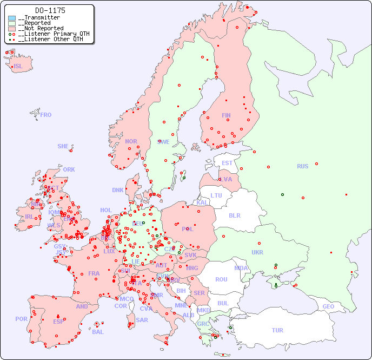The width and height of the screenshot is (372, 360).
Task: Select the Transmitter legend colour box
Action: pos(12,18)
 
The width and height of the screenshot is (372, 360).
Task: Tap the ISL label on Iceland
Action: pos(18,67)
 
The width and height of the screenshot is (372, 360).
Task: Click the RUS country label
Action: pos(302,166)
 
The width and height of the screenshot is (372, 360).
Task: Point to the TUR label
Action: pos(277,330)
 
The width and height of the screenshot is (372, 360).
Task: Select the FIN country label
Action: pos(226,115)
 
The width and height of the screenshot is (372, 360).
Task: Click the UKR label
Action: pos(257,252)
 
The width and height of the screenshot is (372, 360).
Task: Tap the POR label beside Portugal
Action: pos(21,319)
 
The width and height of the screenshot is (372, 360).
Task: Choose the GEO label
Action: pos(328,306)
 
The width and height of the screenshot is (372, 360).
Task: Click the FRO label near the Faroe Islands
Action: pos(46,115)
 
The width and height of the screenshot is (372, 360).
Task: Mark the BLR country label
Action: pos(234,215)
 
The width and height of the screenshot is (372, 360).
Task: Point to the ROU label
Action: pos(221,279)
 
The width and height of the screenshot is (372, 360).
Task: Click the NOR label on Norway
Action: pos(131,141)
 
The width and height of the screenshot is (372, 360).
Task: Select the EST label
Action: pos(227,163)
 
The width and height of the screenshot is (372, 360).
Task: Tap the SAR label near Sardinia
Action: pos(142,320)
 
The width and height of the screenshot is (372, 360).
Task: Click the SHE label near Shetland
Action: pos(63,146)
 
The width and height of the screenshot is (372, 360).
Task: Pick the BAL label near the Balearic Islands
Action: pos(98,332)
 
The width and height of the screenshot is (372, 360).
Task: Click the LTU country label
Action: pos(216,195)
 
